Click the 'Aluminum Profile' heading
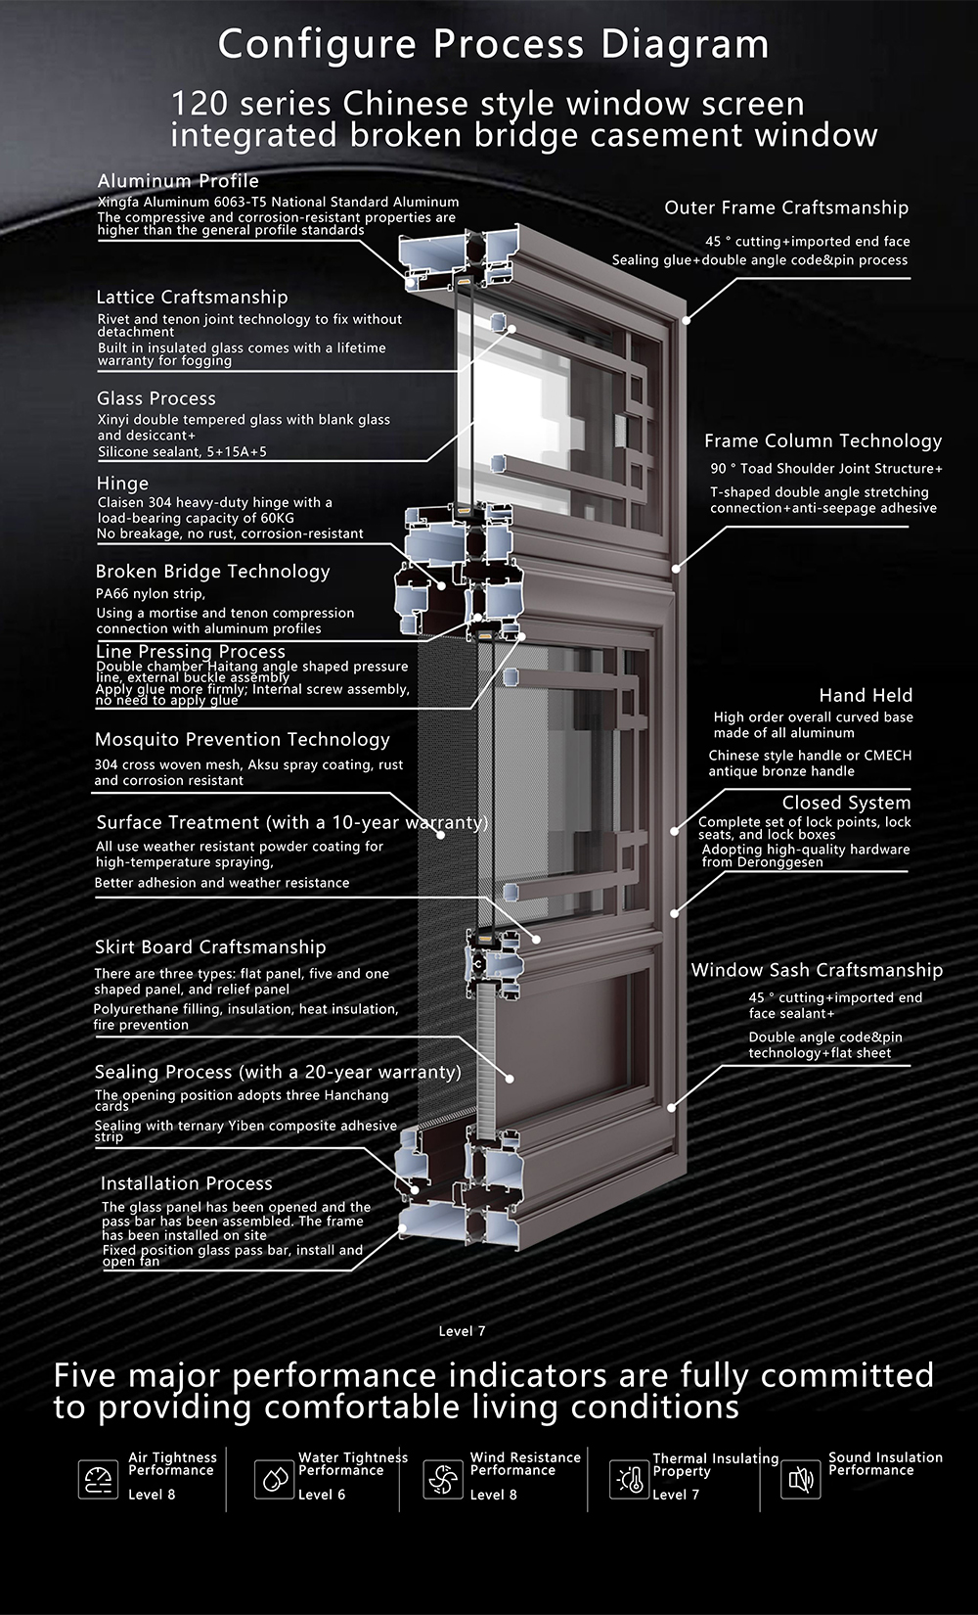pos(178,181)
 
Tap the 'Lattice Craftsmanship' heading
pos(193,297)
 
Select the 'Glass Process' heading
pos(156,398)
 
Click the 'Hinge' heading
pos(122,484)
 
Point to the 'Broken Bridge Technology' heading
pos(212,572)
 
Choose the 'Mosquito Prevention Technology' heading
pos(242,740)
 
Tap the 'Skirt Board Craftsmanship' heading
pos(210,947)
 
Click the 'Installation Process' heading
pos(187,1183)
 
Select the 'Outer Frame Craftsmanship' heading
pos(786,208)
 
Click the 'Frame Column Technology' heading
pos(823,441)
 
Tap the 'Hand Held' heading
pos(866,695)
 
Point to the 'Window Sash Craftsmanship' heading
pos(817,970)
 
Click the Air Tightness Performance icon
pos(98,1480)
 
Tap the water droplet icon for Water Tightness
pos(275,1480)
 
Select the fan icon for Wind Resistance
pos(443,1480)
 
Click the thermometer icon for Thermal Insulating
pos(630,1480)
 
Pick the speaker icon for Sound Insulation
pos(801,1480)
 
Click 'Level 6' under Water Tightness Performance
pos(322,1495)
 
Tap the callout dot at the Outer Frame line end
pos(687,320)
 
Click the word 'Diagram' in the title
pos(685,45)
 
